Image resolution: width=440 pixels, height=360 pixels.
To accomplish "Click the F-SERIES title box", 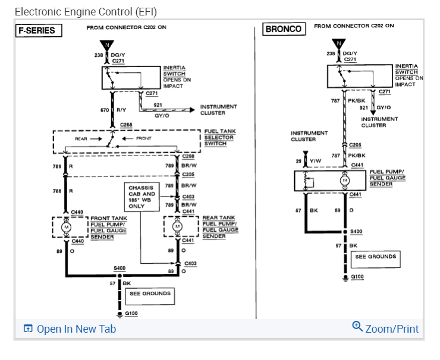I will pyautogui.click(x=39, y=30).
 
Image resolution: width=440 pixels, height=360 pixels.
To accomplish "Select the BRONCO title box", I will pyautogui.click(x=284, y=29).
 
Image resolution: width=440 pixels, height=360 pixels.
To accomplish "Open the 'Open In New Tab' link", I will pyautogui.click(x=70, y=329).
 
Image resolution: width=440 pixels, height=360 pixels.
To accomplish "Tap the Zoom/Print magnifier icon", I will pyautogui.click(x=357, y=326).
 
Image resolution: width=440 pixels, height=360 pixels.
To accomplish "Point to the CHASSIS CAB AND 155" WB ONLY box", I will pyautogui.click(x=142, y=197).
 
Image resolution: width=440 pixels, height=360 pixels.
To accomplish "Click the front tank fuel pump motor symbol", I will pyautogui.click(x=67, y=227).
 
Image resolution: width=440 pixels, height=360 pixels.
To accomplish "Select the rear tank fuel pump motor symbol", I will pyautogui.click(x=177, y=227).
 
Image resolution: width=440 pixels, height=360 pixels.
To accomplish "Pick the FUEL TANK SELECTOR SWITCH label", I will pyautogui.click(x=219, y=137).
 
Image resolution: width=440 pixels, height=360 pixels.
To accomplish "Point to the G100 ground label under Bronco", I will pyautogui.click(x=357, y=277).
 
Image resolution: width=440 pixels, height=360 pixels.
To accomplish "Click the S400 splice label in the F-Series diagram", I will pyautogui.click(x=119, y=269).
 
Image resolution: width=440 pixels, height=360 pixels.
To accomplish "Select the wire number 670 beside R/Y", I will pyautogui.click(x=104, y=110).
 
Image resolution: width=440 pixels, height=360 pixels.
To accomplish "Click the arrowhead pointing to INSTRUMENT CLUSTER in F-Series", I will pyautogui.click(x=191, y=110).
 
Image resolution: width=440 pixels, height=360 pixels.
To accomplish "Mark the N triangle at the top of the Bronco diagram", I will pyautogui.click(x=339, y=43).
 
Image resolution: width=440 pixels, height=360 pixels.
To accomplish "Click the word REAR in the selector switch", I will pyautogui.click(x=81, y=138).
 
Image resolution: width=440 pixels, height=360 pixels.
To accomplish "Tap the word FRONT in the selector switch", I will pyautogui.click(x=144, y=138).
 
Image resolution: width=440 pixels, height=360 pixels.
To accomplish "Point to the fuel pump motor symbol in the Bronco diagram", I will pyautogui.click(x=345, y=180).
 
